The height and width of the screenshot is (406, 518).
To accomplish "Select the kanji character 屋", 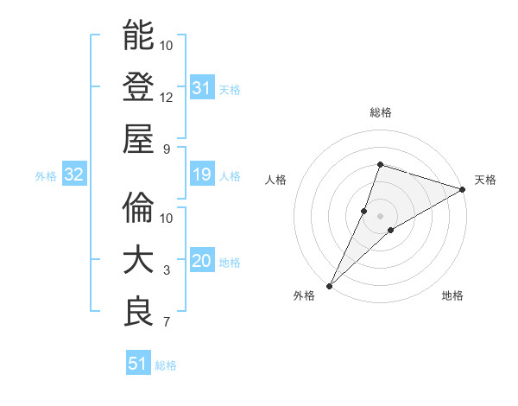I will point(138,138).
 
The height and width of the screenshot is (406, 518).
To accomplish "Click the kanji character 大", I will point(138,260).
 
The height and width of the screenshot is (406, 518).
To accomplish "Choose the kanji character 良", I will point(138,312).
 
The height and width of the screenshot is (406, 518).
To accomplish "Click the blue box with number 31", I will point(201,87).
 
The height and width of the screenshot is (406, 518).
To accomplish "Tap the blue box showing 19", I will point(201,175).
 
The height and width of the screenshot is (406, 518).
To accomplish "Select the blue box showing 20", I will point(201,262).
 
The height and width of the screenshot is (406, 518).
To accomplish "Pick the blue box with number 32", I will point(73,175).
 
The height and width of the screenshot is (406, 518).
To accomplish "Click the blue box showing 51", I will point(137,364).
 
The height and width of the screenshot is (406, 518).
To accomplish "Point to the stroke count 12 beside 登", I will point(167,97).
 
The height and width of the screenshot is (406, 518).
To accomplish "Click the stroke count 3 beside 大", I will point(167,270).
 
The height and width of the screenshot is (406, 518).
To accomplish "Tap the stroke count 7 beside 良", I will point(167,322).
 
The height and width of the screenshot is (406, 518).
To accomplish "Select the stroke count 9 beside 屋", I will point(167,149).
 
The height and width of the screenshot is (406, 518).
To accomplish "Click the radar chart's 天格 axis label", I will point(485,180).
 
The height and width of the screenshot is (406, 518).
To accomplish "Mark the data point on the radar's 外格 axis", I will point(329,285).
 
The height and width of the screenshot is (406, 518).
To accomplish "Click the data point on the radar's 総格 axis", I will point(380,164).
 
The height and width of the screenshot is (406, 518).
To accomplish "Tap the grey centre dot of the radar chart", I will point(380,215).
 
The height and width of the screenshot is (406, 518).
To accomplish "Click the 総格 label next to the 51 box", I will point(167,365).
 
